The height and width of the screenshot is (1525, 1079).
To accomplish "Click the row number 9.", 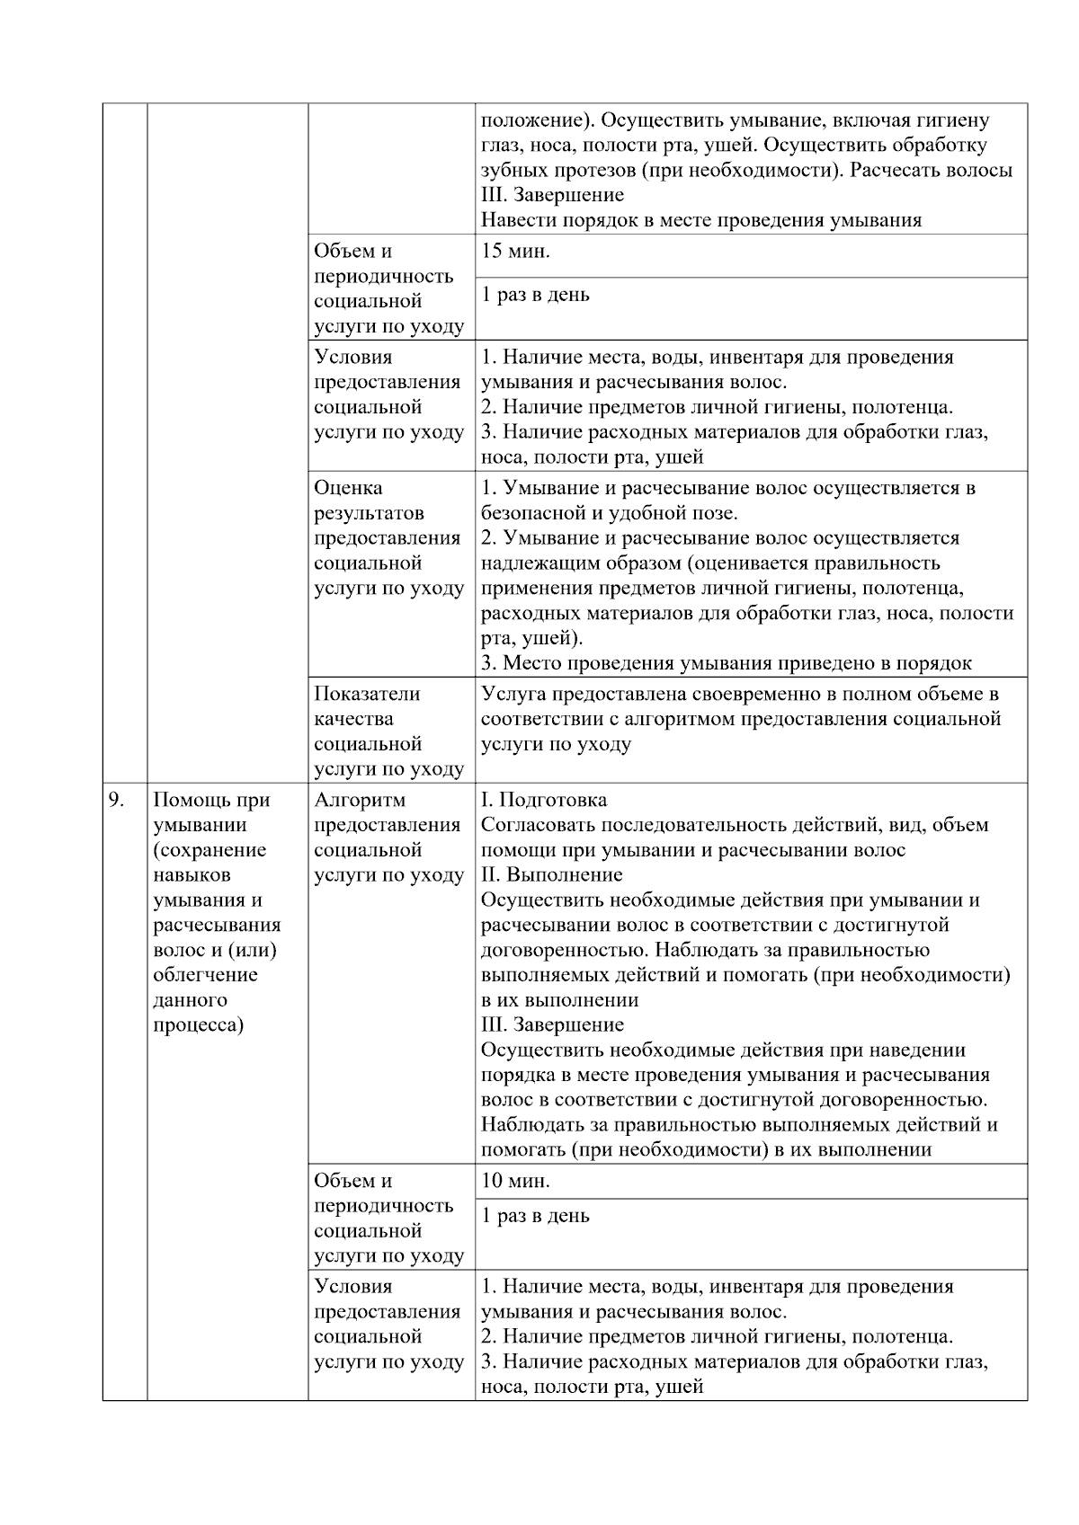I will [x=116, y=800].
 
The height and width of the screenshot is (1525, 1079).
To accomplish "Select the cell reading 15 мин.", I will [x=516, y=252].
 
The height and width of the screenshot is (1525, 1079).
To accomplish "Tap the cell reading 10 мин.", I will [x=516, y=1181].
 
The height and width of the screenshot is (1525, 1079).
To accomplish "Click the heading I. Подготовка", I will [x=544, y=800].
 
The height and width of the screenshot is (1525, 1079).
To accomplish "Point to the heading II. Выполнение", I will [x=552, y=874].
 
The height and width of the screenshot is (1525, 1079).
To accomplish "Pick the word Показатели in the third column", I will [x=367, y=694].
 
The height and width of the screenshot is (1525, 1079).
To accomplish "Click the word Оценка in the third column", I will [x=348, y=488].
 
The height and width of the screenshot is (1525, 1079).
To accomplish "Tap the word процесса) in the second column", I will [x=198, y=1025].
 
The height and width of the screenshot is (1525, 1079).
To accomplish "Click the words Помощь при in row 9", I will [x=212, y=800].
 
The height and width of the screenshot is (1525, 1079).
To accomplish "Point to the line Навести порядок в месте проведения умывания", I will [x=701, y=220].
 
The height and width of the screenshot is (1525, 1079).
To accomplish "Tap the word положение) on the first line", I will [x=537, y=120].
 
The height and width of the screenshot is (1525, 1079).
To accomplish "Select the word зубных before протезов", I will [x=507, y=170].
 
